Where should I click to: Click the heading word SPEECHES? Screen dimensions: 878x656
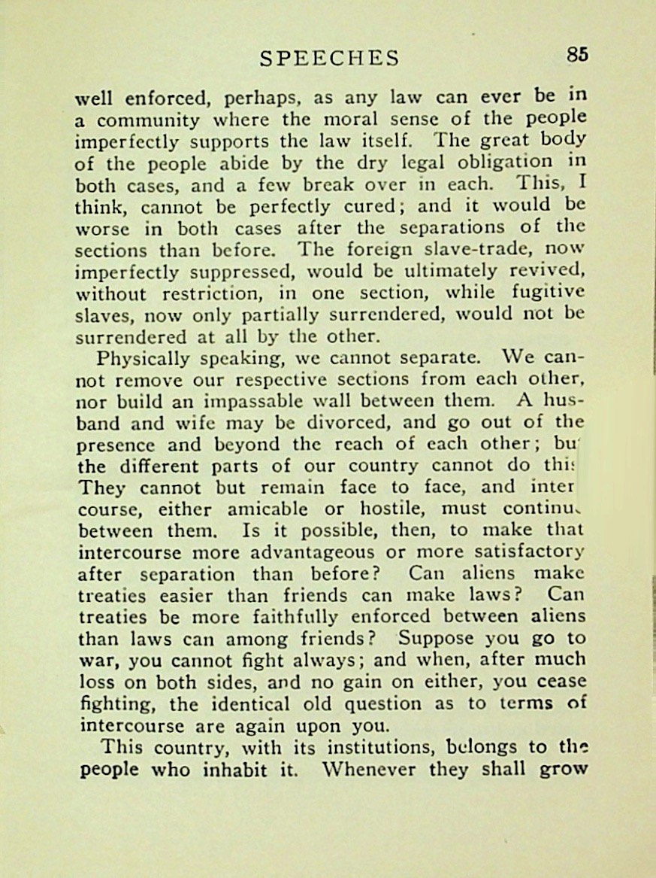tap(329, 58)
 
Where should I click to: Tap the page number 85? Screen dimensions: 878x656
tap(577, 54)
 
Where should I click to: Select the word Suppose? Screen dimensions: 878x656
tap(437, 639)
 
